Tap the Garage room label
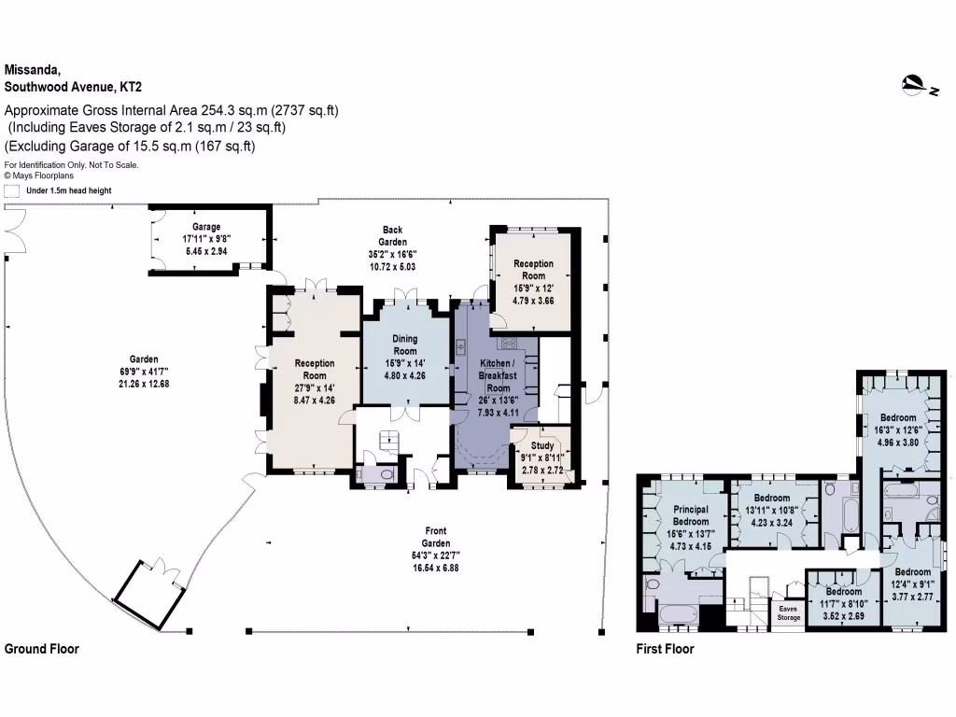206,238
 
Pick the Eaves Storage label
790,612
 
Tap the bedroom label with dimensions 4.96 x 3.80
898,429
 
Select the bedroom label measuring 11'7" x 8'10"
843,603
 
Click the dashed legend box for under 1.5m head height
12,190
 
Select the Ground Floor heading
42,649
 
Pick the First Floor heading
666,649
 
